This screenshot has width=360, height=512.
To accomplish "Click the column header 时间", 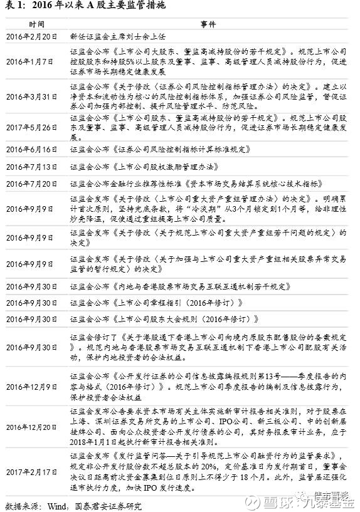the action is coord(36,24).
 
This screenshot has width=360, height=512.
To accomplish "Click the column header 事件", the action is coord(208,24).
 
